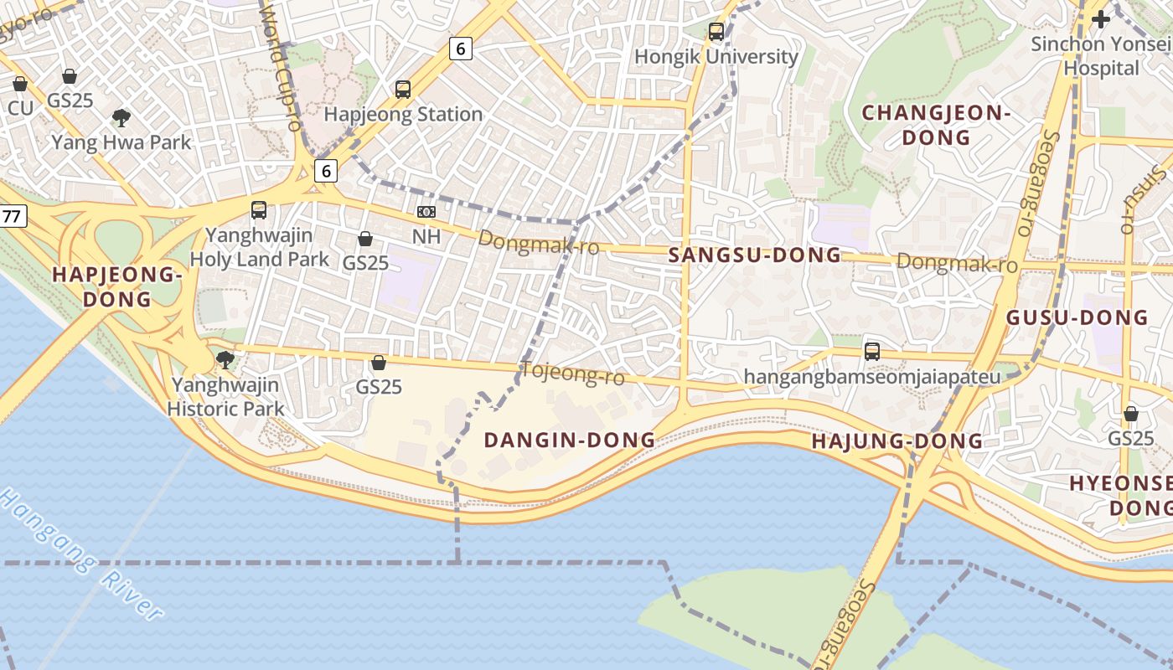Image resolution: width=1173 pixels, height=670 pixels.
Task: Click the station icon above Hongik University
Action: pyautogui.click(x=716, y=32)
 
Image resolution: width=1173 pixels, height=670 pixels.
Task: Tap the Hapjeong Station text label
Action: pyautogui.click(x=403, y=115)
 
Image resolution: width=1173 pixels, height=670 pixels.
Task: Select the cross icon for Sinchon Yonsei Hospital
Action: pyautogui.click(x=1100, y=18)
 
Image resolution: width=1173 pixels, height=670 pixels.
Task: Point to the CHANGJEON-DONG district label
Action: pyautogui.click(x=937, y=125)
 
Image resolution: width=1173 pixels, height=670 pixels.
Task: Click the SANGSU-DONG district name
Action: pyautogui.click(x=755, y=255)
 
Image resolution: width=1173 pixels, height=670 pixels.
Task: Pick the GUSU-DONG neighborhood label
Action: pyautogui.click(x=1077, y=317)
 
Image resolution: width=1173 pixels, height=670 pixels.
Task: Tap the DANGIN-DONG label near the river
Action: pyautogui.click(x=569, y=440)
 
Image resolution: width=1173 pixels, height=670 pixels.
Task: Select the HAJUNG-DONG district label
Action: pyautogui.click(x=897, y=441)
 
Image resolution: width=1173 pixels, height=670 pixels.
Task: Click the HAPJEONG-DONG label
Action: pyautogui.click(x=116, y=286)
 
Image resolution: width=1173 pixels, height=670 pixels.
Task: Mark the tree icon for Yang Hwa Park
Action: pyautogui.click(x=121, y=117)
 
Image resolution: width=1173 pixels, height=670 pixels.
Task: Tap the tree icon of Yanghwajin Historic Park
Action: pyautogui.click(x=225, y=360)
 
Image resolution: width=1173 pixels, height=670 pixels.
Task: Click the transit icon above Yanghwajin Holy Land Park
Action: pyautogui.click(x=259, y=210)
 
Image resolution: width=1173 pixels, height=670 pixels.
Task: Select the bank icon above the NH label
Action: pyautogui.click(x=426, y=212)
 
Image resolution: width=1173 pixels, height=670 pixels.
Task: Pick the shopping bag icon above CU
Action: pyautogui.click(x=20, y=84)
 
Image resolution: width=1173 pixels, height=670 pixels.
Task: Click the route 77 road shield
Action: pyautogui.click(x=11, y=217)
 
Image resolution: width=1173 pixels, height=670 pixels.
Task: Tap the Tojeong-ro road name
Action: pyautogui.click(x=573, y=374)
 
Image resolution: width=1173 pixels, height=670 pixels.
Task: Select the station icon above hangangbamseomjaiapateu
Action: pyautogui.click(x=872, y=352)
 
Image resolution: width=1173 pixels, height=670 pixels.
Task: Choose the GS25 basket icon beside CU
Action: pyautogui.click(x=70, y=76)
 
